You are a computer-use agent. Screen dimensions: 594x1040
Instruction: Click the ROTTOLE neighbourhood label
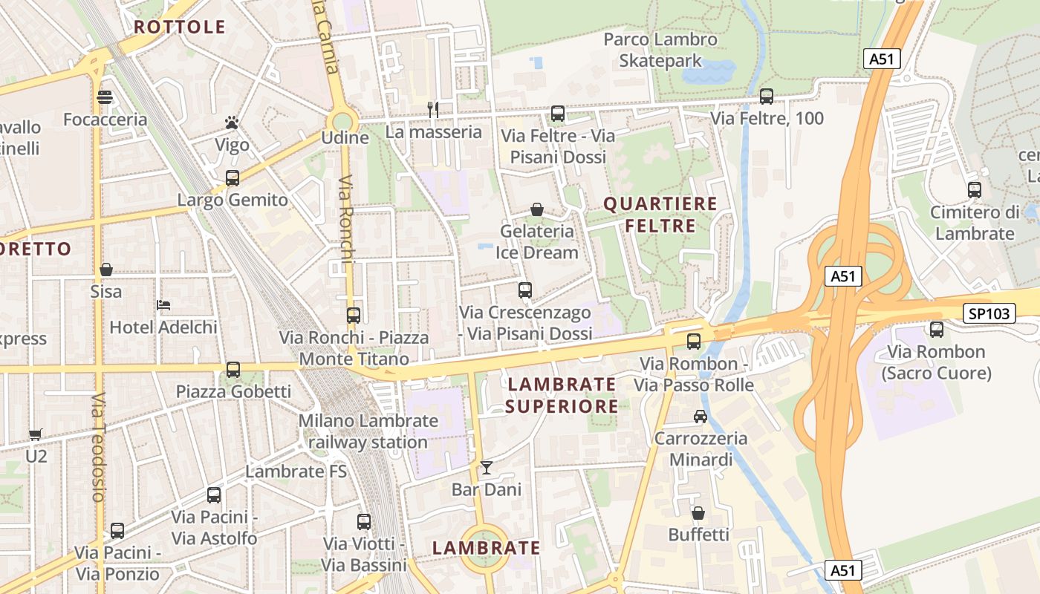click(x=179, y=27)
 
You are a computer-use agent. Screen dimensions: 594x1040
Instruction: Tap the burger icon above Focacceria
click(x=105, y=97)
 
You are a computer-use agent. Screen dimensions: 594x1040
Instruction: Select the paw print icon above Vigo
click(x=232, y=123)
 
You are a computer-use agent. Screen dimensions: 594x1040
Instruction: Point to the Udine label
click(x=345, y=138)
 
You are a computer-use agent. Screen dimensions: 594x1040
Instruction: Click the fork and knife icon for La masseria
click(x=433, y=110)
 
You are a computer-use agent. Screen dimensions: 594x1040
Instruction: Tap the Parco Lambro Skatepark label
click(x=660, y=50)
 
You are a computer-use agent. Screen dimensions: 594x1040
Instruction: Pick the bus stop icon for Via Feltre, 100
click(x=767, y=97)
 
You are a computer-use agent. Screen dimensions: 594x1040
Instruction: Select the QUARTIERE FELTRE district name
click(x=660, y=215)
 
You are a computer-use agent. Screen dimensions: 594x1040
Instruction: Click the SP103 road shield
click(x=989, y=313)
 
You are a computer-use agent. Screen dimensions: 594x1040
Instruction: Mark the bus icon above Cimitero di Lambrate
click(x=975, y=190)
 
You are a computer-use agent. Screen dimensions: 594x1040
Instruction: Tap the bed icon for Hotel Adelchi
click(x=163, y=305)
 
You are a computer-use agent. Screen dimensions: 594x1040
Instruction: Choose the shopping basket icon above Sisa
click(x=106, y=270)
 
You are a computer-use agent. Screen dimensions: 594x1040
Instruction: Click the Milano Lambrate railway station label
click(x=368, y=431)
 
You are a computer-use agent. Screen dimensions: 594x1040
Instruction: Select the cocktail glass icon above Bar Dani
click(x=487, y=468)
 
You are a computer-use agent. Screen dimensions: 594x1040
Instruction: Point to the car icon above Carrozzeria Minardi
click(x=700, y=417)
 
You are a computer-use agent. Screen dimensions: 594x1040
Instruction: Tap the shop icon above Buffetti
click(x=698, y=513)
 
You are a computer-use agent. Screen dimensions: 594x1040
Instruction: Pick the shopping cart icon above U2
click(x=35, y=434)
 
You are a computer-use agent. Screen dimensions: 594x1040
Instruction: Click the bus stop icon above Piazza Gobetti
click(x=233, y=370)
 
